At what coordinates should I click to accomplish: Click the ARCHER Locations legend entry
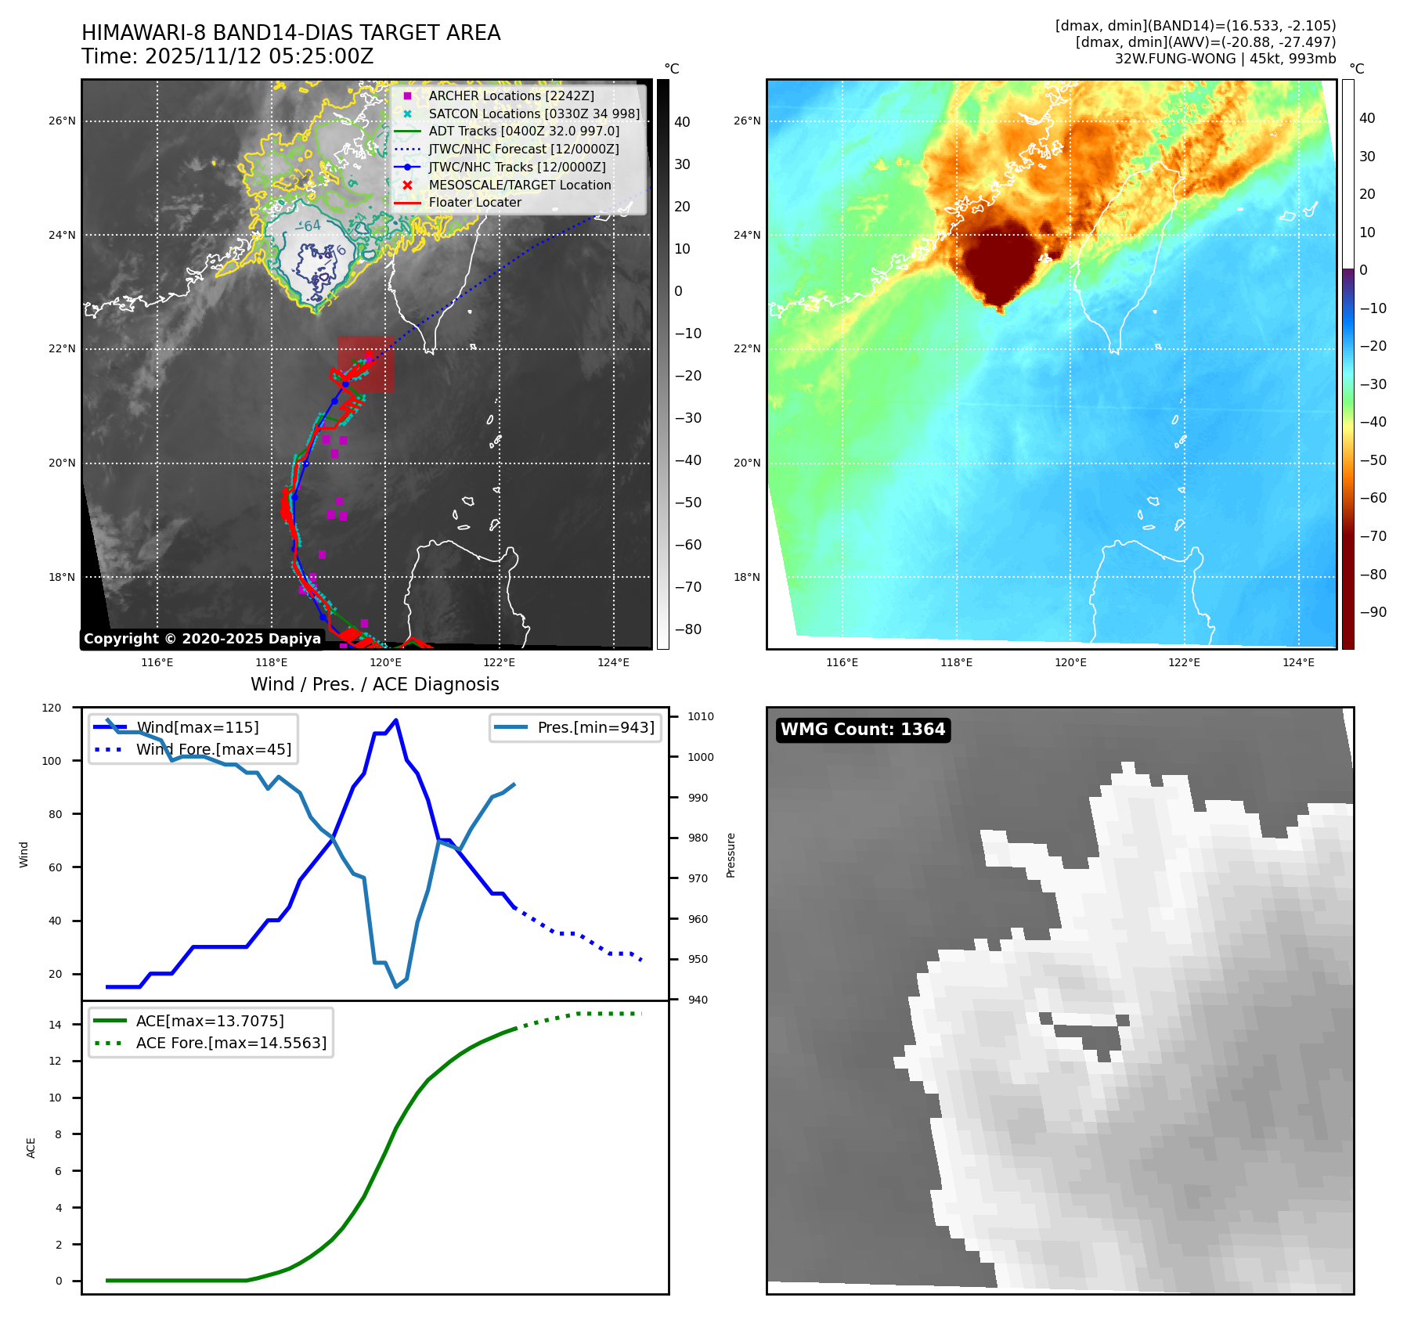(510, 96)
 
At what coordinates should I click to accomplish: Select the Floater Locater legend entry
(474, 202)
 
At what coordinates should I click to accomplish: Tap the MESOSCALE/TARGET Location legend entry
(519, 185)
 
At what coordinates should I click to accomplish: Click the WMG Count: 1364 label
(863, 730)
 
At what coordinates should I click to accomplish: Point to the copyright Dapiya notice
(202, 639)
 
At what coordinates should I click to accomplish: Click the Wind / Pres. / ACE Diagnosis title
(374, 684)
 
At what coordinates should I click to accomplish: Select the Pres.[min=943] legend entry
(595, 727)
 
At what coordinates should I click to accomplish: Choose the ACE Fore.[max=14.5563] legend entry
(231, 1043)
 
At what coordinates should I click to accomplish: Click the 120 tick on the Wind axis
(52, 708)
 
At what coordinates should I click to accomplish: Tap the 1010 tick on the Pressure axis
(701, 716)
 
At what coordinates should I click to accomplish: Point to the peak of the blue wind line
(396, 720)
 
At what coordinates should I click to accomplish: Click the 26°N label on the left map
(63, 121)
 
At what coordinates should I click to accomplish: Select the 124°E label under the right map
(1298, 662)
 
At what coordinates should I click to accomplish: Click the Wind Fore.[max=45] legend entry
(213, 749)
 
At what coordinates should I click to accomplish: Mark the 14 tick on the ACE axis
(56, 1025)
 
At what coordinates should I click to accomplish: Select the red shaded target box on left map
(366, 364)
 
